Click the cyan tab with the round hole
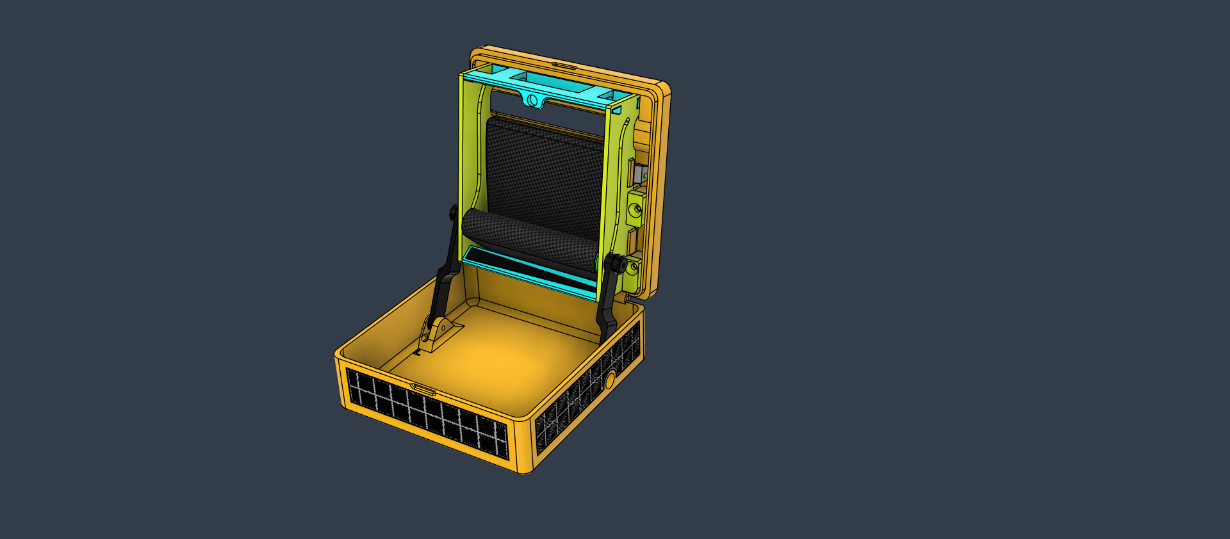pyautogui.click(x=531, y=100)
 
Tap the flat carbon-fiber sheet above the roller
pyautogui.click(x=545, y=170)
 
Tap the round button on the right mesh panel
pyautogui.click(x=609, y=380)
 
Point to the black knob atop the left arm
pyautogui.click(x=454, y=212)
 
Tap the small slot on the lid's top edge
pyautogui.click(x=564, y=65)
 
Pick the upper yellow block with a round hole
pyautogui.click(x=636, y=207)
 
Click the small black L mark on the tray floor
pyautogui.click(x=417, y=351)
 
